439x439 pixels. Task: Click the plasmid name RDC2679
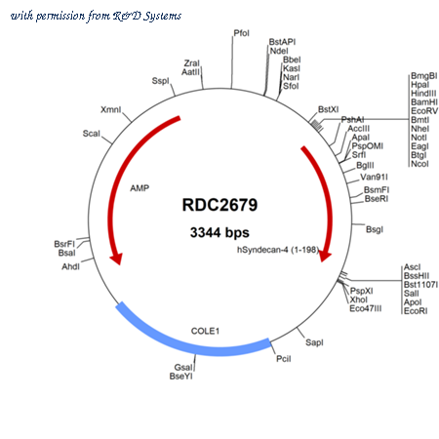pos(219,205)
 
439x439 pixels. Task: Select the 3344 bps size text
pos(219,232)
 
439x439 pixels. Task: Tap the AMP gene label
pos(140,188)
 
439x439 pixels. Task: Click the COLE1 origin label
pos(205,331)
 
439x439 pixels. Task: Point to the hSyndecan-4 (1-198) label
pos(278,250)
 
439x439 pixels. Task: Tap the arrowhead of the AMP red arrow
pos(116,259)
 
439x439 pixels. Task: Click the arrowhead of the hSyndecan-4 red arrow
pos(325,256)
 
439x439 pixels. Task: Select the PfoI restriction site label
pos(242,33)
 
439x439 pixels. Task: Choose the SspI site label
pos(161,81)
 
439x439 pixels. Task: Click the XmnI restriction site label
pos(111,109)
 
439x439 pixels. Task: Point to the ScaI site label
pos(92,134)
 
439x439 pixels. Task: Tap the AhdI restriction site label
pos(70,266)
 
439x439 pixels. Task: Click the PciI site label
pos(284,359)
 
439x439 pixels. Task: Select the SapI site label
pos(314,342)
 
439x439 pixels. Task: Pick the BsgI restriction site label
pos(375,229)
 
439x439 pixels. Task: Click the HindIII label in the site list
pos(423,94)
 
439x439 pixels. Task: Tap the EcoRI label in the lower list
pos(416,311)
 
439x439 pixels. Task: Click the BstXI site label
pos(329,109)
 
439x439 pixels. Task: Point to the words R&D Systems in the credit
pos(147,16)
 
